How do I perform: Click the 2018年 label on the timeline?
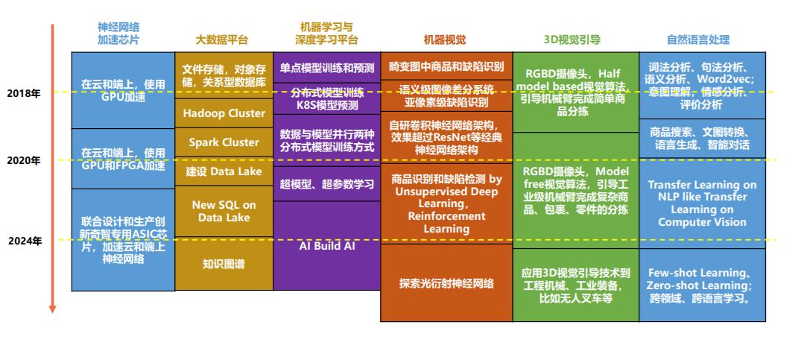point(24,93)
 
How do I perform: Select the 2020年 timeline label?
point(24,160)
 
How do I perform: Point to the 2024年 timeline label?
point(24,241)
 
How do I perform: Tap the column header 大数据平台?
point(222,40)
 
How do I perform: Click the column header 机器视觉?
point(445,40)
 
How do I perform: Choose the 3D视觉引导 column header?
point(574,40)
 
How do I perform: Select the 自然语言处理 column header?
point(701,40)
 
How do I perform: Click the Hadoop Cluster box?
point(224,113)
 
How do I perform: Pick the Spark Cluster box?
point(224,142)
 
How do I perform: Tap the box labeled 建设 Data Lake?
point(224,171)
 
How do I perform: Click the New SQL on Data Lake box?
point(224,211)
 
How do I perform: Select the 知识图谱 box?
point(224,263)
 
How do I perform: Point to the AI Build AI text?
point(326,245)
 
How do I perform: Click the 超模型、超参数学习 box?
point(326,184)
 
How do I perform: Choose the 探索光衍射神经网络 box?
point(446,283)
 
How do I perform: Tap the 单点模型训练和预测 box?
point(326,68)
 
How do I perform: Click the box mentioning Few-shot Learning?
point(702,285)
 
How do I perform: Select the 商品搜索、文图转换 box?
point(702,138)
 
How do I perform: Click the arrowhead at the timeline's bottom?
point(52,308)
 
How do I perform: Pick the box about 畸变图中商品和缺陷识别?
point(446,66)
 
